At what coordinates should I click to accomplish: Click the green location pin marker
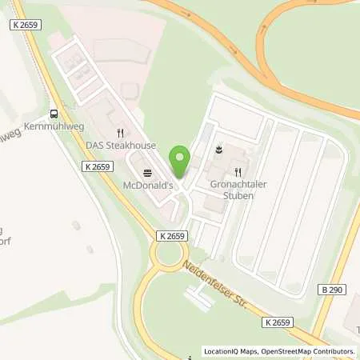tap(180, 158)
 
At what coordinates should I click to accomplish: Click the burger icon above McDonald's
tap(146, 173)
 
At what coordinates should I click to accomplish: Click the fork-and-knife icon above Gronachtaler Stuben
tap(237, 171)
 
